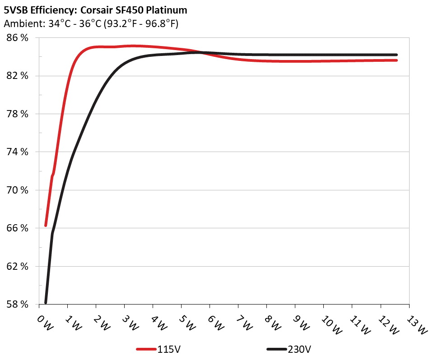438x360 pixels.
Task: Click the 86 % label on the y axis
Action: pyautogui.click(x=17, y=38)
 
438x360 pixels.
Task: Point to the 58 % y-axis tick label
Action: pyautogui.click(x=17, y=304)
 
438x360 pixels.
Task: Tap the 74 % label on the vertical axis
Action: pyautogui.click(x=17, y=152)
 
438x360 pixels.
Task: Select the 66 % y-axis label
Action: pyautogui.click(x=17, y=228)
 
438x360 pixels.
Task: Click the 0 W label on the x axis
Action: pyautogui.click(x=44, y=323)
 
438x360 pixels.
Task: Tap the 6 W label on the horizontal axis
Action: pyautogui.click(x=215, y=323)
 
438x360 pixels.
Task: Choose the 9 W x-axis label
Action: pyautogui.click(x=301, y=323)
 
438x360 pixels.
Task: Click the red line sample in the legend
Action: pyautogui.click(x=146, y=349)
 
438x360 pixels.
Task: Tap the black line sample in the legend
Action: pyautogui.click(x=276, y=349)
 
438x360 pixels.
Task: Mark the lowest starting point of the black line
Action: pyautogui.click(x=46, y=302)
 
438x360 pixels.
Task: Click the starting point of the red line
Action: pyautogui.click(x=46, y=225)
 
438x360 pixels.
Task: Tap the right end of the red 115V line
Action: pyautogui.click(x=396, y=60)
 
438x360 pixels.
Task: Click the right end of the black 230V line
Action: pyautogui.click(x=396, y=55)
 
